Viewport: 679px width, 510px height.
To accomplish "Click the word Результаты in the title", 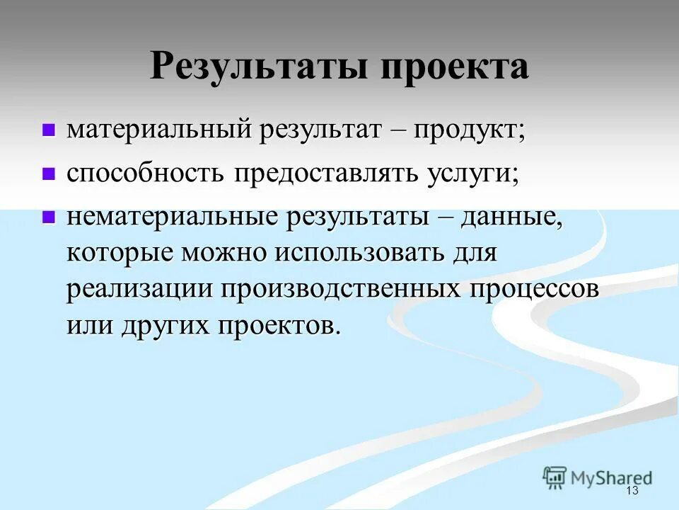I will click(x=260, y=67).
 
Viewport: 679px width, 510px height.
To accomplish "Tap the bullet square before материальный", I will click(x=49, y=130).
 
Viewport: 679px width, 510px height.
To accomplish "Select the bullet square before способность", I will click(x=49, y=174).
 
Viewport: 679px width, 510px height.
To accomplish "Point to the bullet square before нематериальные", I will click(x=49, y=218).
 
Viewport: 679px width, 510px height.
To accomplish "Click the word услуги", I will click(x=472, y=174).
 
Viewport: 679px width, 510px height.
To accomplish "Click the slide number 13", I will click(x=632, y=492).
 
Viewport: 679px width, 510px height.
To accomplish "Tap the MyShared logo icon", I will click(x=555, y=477).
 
